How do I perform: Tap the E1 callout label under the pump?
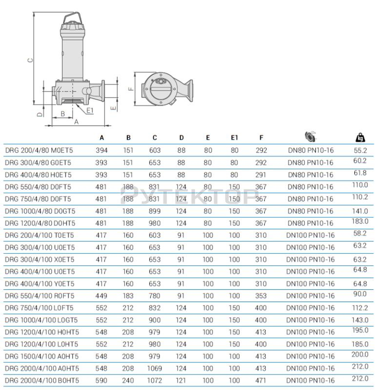(90, 110)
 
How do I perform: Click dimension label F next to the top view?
(130, 89)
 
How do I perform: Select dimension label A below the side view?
(76, 122)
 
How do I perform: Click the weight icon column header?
(360, 137)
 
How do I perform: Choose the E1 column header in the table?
(235, 138)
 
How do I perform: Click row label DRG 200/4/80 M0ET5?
(39, 151)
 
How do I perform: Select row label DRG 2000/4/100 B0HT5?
(42, 381)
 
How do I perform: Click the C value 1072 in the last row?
(155, 381)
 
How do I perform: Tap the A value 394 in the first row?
(102, 151)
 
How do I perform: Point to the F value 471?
(261, 381)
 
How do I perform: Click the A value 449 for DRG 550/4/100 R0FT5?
(102, 296)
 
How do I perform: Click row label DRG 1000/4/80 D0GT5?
(40, 211)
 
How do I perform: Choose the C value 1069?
(155, 368)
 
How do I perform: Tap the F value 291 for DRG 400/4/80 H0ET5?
(261, 175)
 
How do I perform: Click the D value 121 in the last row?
(181, 381)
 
